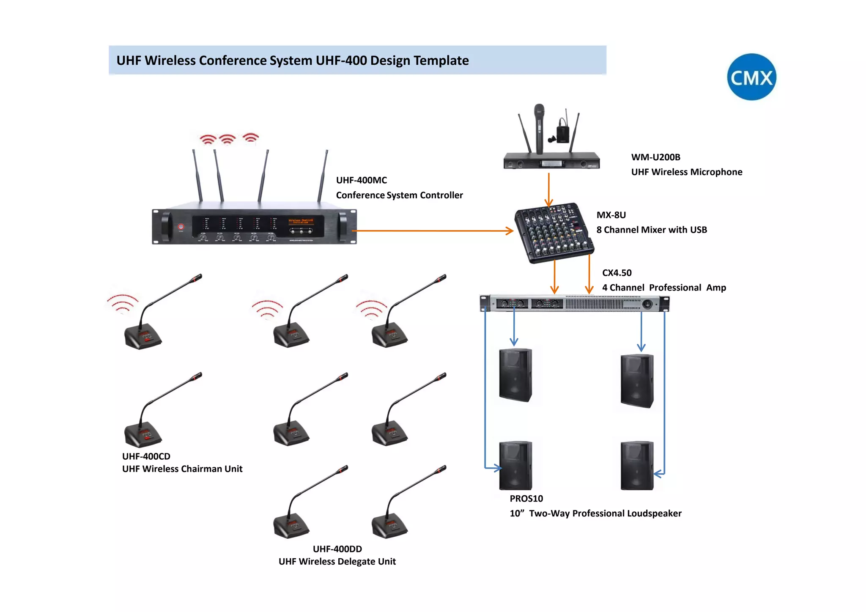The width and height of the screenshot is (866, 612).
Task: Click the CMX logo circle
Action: click(751, 77)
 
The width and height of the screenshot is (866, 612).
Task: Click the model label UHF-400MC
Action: click(361, 180)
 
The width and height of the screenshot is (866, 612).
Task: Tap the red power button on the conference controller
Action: click(181, 227)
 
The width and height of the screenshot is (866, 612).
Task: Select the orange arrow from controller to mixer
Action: click(431, 231)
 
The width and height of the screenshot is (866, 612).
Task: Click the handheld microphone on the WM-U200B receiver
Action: click(539, 127)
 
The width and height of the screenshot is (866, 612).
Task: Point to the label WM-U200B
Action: click(655, 157)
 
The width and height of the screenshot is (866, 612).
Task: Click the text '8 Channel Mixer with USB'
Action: click(651, 230)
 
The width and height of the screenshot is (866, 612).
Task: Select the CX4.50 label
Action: click(617, 273)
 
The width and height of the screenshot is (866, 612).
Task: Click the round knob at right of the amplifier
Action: click(647, 304)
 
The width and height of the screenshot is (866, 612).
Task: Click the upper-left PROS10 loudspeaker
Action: click(515, 375)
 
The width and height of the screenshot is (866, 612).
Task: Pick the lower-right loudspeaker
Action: click(637, 466)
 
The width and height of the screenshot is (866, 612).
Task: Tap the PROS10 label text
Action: click(526, 499)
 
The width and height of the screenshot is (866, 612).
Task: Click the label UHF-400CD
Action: click(146, 456)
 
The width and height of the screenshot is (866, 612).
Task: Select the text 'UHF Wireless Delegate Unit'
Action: click(337, 562)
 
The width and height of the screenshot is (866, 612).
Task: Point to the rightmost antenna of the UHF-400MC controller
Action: click(323, 176)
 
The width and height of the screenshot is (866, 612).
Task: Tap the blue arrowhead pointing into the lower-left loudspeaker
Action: click(498, 468)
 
